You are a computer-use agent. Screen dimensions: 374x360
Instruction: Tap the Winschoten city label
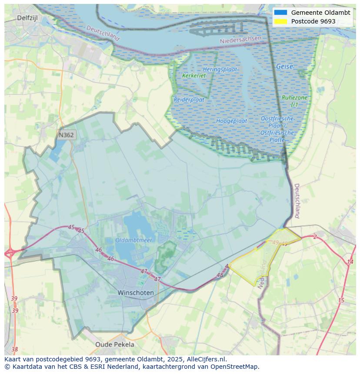click(x=136, y=293)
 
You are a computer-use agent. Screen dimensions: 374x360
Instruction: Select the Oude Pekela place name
click(x=115, y=344)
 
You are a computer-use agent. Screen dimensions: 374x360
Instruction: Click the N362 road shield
click(x=66, y=135)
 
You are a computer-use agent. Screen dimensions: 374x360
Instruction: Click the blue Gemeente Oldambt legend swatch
click(x=281, y=13)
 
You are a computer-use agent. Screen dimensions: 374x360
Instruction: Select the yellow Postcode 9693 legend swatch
click(x=281, y=21)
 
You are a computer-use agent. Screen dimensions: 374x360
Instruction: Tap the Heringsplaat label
click(x=220, y=70)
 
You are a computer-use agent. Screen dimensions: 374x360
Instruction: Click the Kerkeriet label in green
click(x=194, y=76)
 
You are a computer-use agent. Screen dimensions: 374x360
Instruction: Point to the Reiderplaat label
click(x=189, y=99)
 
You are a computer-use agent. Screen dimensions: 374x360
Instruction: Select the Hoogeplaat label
click(x=232, y=121)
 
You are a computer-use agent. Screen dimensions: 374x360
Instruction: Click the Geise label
click(x=284, y=67)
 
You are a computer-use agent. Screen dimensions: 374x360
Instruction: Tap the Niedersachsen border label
click(x=241, y=40)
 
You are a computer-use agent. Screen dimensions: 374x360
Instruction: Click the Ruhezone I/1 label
click(x=294, y=101)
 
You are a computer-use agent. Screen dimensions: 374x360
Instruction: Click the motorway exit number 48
click(x=220, y=275)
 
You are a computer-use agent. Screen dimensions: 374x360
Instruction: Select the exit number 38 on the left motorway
click(x=15, y=349)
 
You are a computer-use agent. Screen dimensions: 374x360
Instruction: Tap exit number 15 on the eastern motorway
click(x=341, y=301)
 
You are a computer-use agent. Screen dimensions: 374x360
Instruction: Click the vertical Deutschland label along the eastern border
click(x=297, y=201)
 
